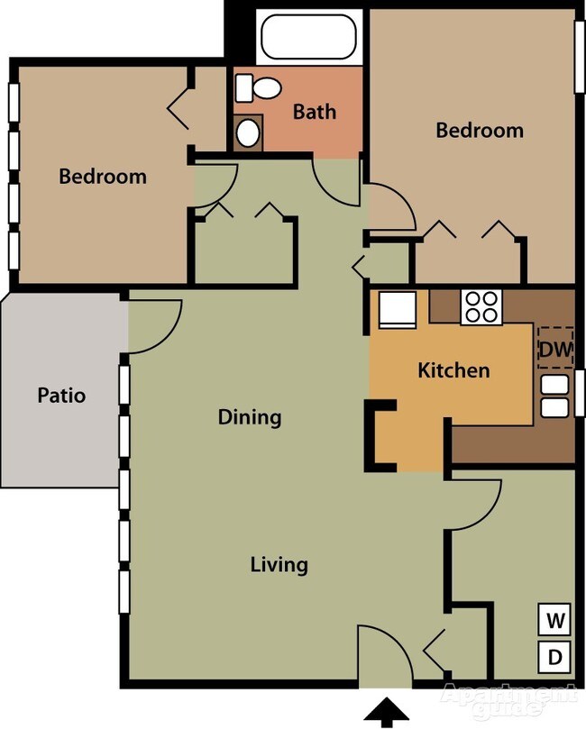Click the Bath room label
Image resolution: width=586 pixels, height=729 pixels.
pyautogui.click(x=315, y=112)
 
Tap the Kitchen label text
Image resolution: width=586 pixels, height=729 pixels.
pyautogui.click(x=453, y=370)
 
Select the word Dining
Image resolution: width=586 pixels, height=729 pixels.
pyautogui.click(x=250, y=417)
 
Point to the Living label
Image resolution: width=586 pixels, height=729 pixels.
pyautogui.click(x=279, y=565)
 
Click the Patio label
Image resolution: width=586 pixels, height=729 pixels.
pyautogui.click(x=61, y=395)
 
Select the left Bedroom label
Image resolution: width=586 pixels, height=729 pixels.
pyautogui.click(x=102, y=176)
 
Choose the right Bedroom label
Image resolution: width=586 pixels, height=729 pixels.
pyautogui.click(x=479, y=130)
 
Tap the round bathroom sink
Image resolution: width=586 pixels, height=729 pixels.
pyautogui.click(x=248, y=132)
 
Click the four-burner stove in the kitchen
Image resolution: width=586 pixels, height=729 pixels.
pyautogui.click(x=481, y=307)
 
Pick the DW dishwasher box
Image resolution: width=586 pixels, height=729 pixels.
pyautogui.click(x=555, y=348)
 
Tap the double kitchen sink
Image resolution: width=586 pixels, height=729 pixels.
pyautogui.click(x=554, y=396)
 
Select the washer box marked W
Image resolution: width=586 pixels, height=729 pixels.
pyautogui.click(x=555, y=621)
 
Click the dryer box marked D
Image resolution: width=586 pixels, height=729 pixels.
pyautogui.click(x=555, y=657)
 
